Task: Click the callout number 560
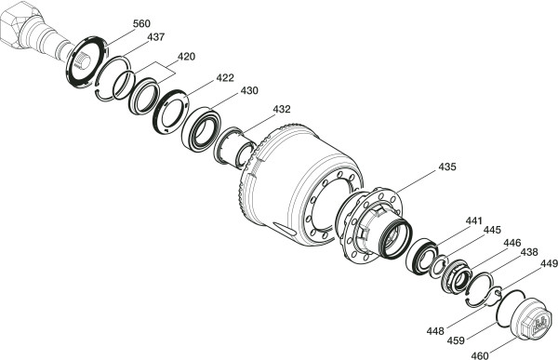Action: coord(141,24)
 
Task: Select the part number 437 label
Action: coord(156,37)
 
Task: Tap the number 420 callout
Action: coord(186,57)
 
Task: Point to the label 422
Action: coord(225,77)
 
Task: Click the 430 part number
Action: coord(249,91)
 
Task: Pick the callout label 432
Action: coord(282,109)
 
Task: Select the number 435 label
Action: coord(447,167)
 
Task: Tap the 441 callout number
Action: coord(473,220)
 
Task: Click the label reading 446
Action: coord(511,243)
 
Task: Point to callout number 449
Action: coord(549,264)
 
